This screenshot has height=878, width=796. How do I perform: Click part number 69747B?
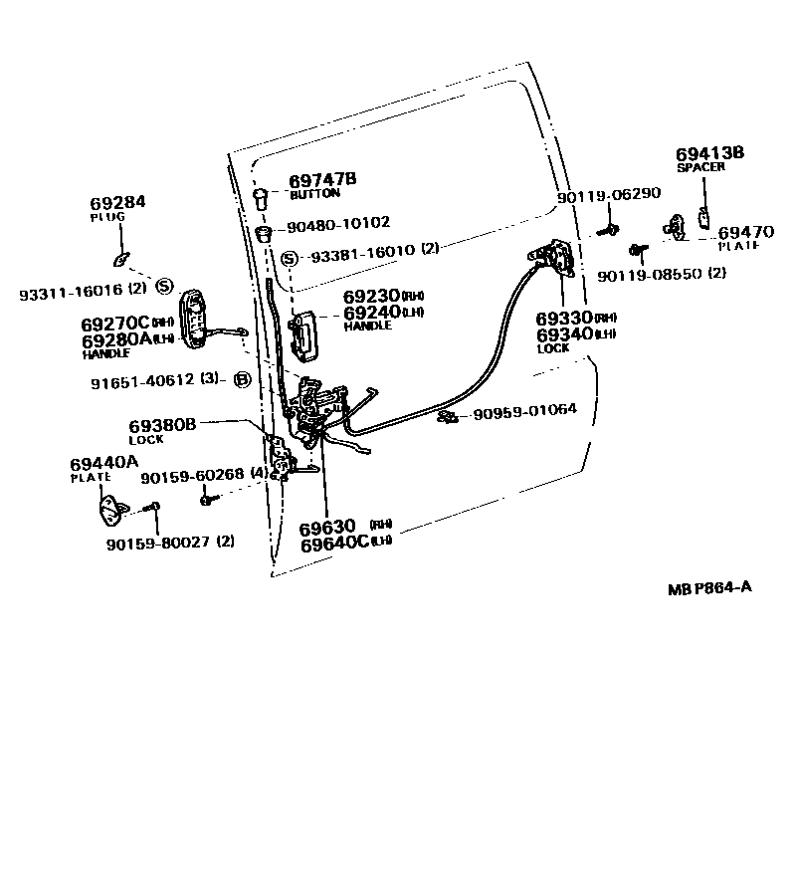(x=322, y=180)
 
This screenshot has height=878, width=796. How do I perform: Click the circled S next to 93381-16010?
(x=290, y=259)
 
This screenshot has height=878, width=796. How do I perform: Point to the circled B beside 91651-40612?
(x=241, y=378)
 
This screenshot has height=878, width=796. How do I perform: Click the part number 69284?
(x=117, y=202)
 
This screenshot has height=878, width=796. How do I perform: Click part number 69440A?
(x=104, y=462)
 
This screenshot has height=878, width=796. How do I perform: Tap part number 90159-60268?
(x=192, y=477)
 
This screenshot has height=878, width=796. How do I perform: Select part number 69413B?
(x=709, y=153)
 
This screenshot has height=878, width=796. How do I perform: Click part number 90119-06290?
(x=608, y=197)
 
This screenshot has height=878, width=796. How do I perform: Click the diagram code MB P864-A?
(x=709, y=587)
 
